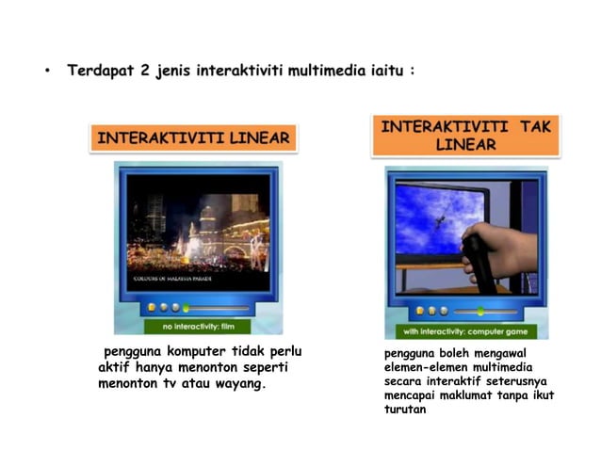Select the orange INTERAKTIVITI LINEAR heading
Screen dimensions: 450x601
194,137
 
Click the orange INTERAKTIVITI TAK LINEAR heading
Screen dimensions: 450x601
465,135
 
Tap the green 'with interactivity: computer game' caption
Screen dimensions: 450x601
465,331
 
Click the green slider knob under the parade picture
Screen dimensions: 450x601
187,308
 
